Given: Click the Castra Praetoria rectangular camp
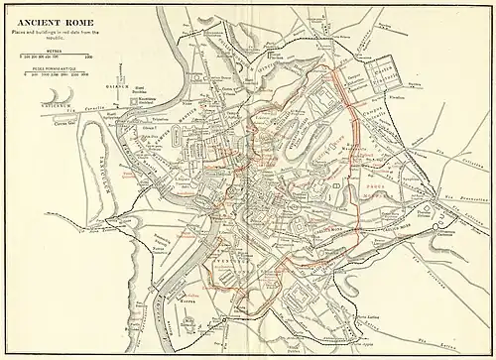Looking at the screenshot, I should pyautogui.click(x=382, y=77).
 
